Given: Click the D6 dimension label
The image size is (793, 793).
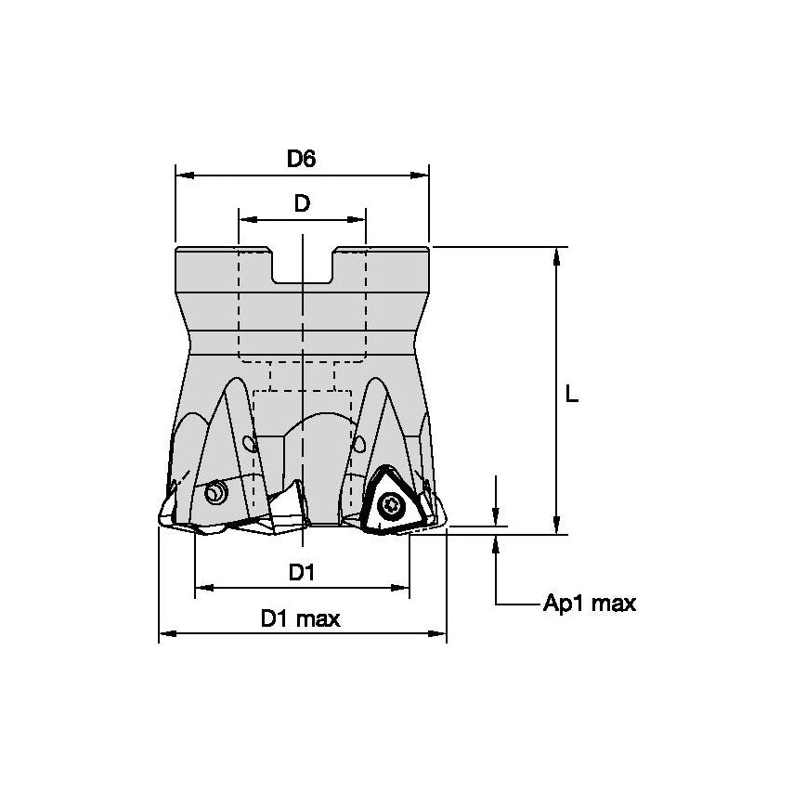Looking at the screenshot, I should click(x=301, y=159).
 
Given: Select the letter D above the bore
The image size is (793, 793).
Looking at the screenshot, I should click(x=302, y=204).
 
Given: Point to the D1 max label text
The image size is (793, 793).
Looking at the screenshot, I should click(x=300, y=619).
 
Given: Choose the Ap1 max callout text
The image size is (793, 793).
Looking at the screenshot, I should click(x=589, y=604).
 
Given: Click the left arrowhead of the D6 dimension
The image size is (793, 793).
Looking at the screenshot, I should click(x=183, y=174).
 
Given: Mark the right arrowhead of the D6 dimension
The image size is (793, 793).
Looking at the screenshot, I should click(x=422, y=174).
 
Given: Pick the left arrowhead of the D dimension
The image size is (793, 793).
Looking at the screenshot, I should click(x=246, y=220).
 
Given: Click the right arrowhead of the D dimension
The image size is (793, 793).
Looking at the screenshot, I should click(x=357, y=220).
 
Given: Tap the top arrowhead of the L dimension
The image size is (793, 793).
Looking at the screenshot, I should click(x=556, y=255).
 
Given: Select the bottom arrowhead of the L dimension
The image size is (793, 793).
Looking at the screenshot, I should click(x=556, y=526).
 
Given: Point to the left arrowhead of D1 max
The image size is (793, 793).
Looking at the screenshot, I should click(x=166, y=634).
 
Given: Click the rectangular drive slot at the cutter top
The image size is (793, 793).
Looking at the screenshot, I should click(x=303, y=266).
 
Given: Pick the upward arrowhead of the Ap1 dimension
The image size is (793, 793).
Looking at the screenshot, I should click(x=497, y=544).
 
